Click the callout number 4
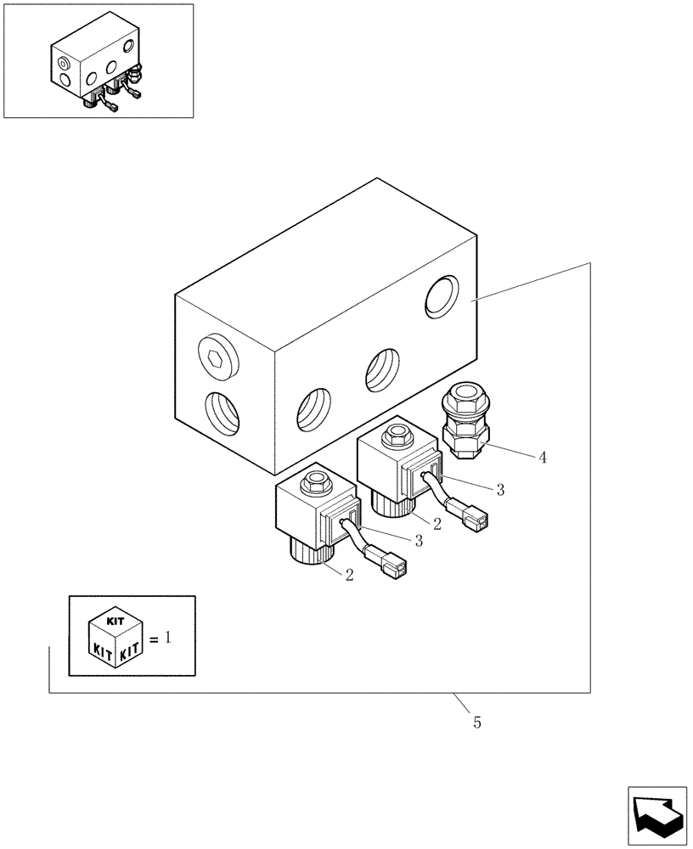pyautogui.click(x=542, y=457)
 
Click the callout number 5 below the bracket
pyautogui.click(x=477, y=722)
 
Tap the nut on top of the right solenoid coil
pyautogui.click(x=395, y=437)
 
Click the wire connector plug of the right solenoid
pyautogui.click(x=476, y=514)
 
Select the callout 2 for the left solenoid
pyautogui.click(x=349, y=575)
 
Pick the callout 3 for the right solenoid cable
pyautogui.click(x=501, y=489)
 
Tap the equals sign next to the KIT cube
pyautogui.click(x=153, y=639)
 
